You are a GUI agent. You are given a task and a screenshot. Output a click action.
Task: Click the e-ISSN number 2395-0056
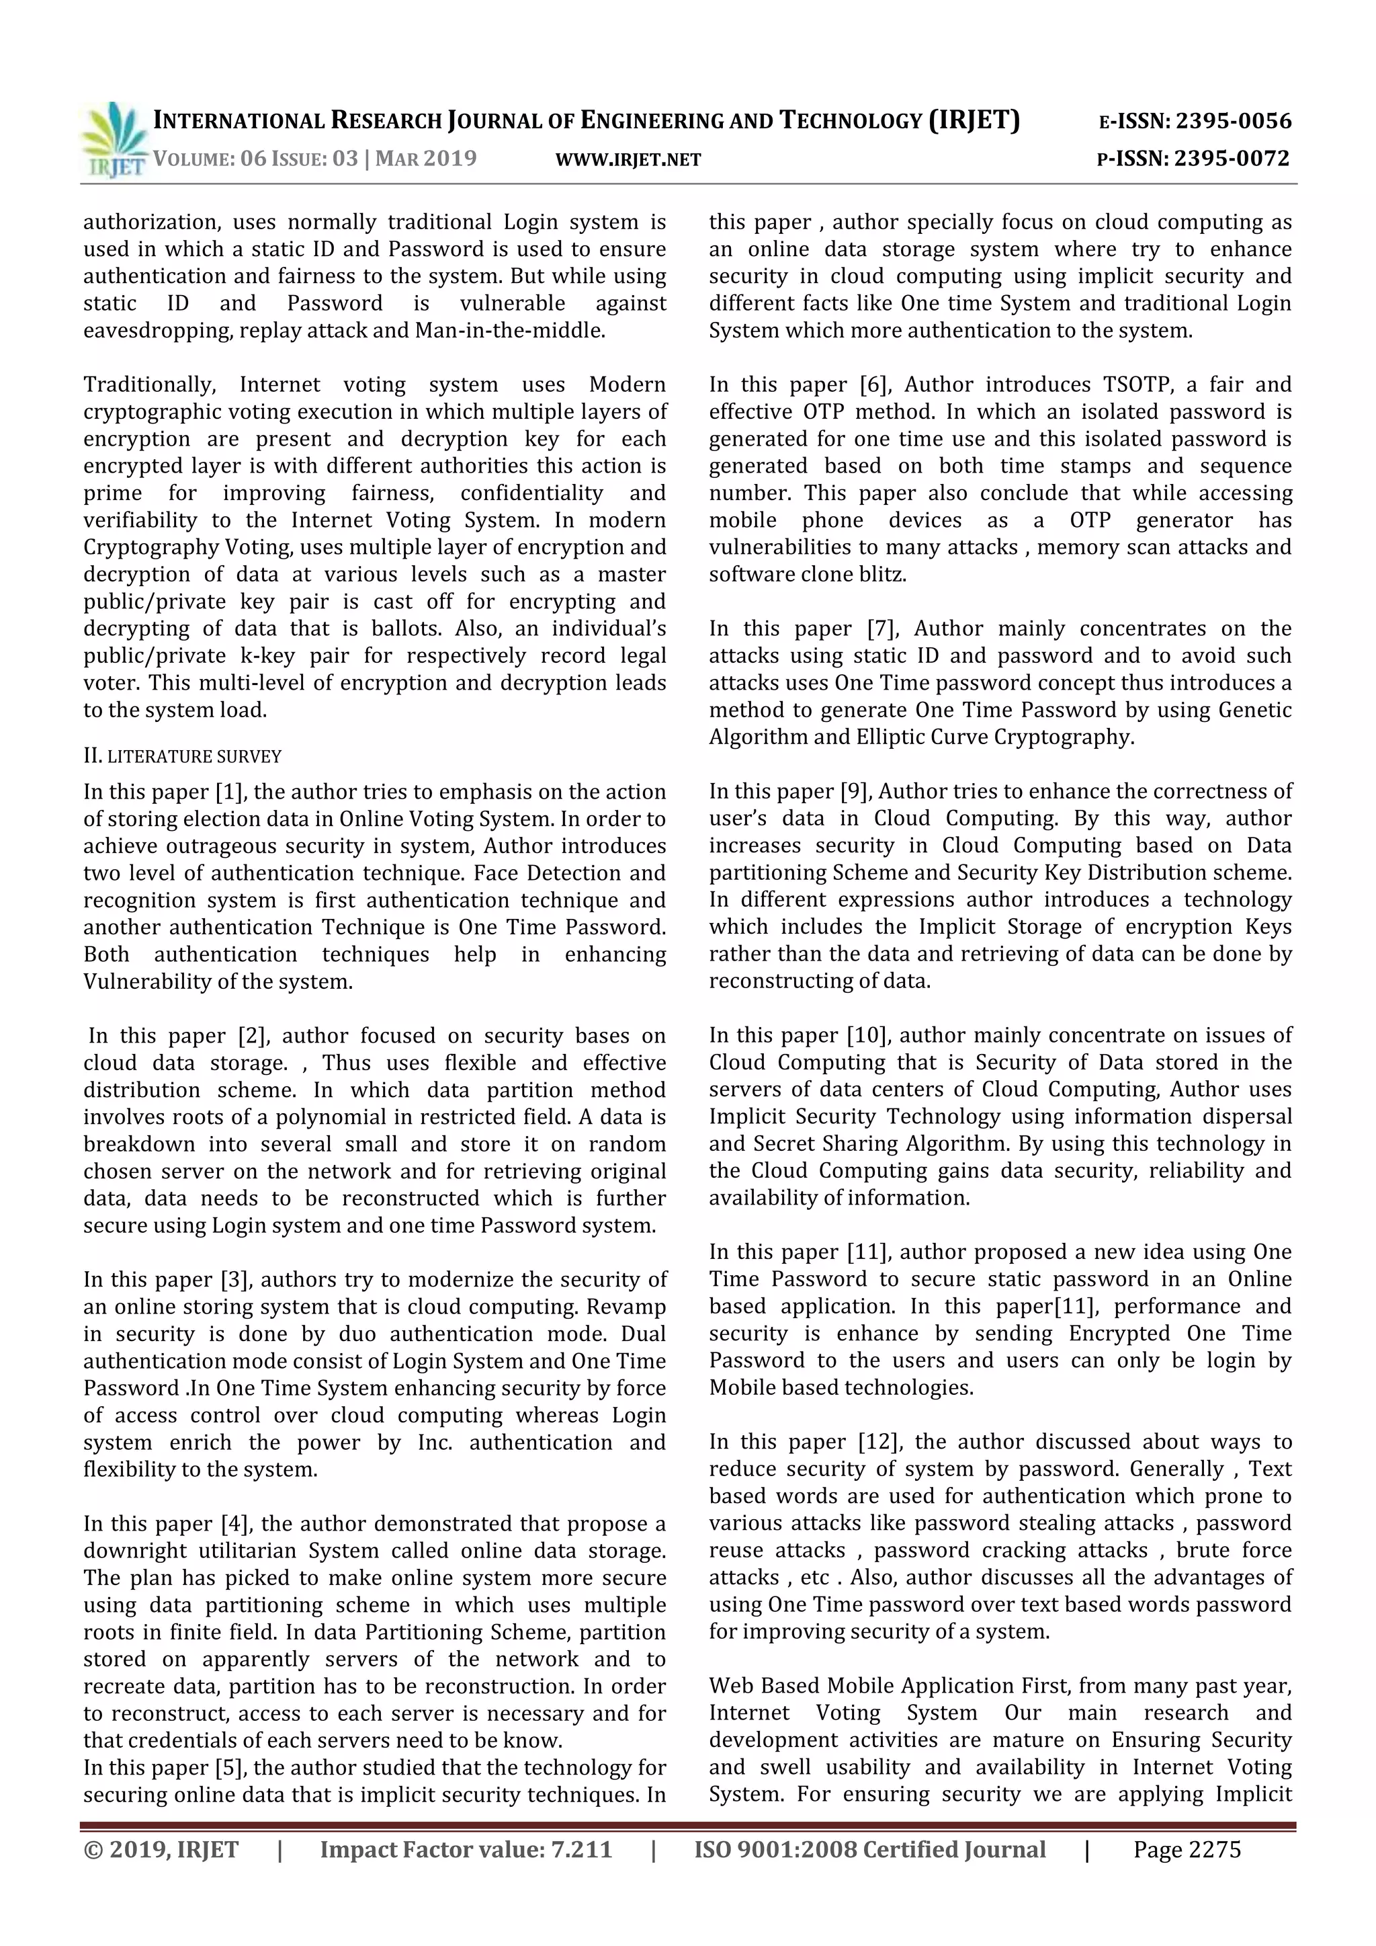point(1233,121)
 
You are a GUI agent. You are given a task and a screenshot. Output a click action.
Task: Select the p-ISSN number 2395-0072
point(1231,159)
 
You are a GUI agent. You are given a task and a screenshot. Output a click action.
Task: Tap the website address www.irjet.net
point(628,159)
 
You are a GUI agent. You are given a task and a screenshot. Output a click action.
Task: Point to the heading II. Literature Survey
point(182,756)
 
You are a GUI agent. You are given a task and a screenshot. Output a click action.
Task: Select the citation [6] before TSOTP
point(873,384)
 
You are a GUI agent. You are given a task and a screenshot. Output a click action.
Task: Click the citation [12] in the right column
point(879,1442)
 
